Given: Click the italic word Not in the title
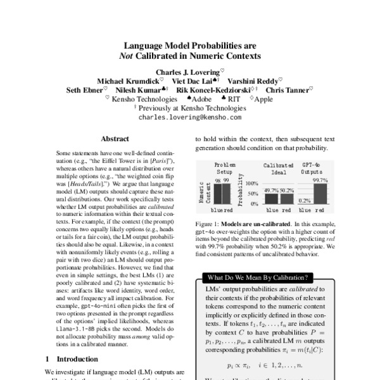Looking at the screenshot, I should (129, 55).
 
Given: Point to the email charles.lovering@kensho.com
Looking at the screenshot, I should (189, 118).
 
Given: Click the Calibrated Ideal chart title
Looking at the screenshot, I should (276, 167).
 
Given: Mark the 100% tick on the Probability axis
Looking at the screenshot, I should (252, 183).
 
